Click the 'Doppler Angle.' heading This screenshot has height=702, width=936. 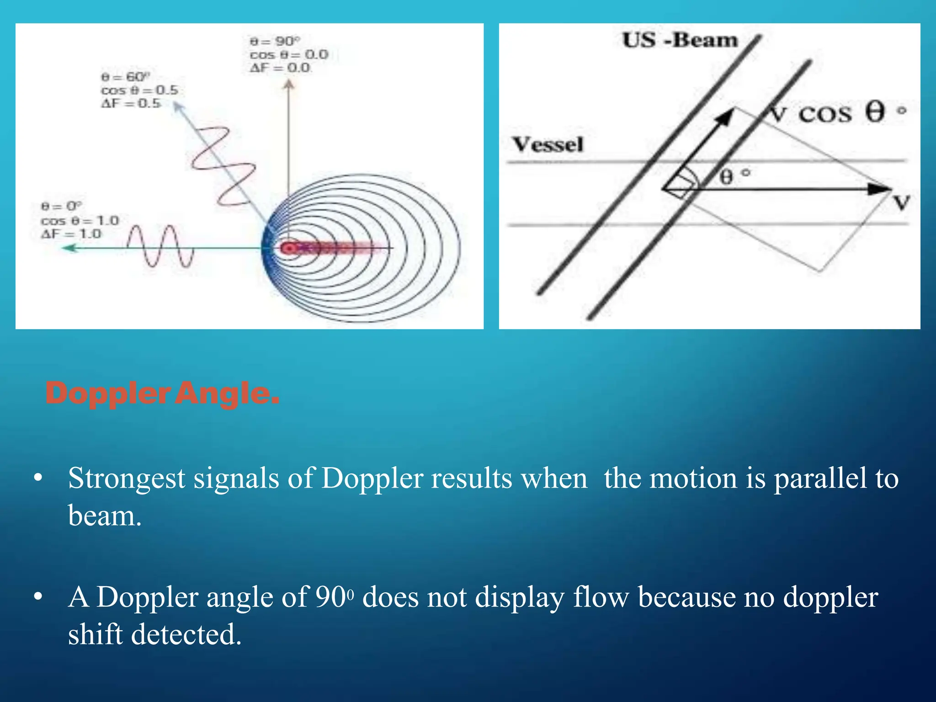coord(162,394)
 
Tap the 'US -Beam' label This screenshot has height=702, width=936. coord(680,40)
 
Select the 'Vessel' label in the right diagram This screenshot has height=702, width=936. coord(548,144)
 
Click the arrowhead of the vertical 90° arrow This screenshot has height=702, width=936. coord(288,84)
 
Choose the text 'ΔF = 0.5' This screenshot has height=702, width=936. coord(131,103)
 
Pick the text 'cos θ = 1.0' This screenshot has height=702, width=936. coord(80,221)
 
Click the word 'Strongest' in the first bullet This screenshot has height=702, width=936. coord(127,479)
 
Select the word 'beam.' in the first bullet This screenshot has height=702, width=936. coord(105,516)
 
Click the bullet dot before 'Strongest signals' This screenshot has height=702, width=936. coord(38,479)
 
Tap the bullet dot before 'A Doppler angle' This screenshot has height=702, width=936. coord(38,597)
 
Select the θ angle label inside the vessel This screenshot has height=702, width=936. coord(729,176)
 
